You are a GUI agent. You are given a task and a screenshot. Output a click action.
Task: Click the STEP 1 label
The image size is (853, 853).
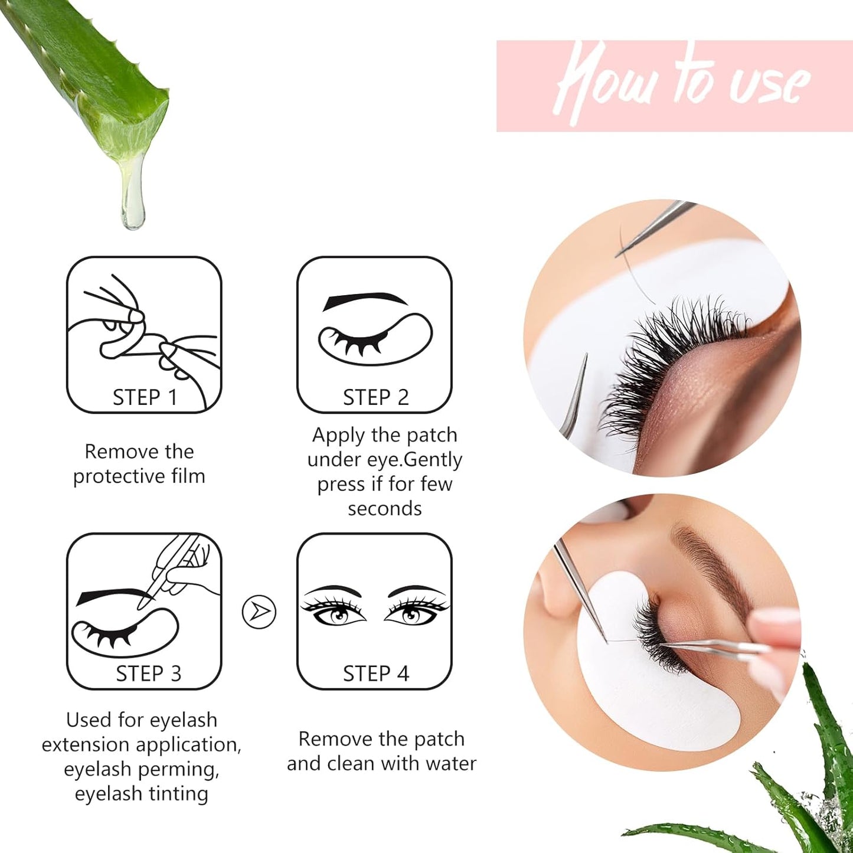click(x=145, y=397)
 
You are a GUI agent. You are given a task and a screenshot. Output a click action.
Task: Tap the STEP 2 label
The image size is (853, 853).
click(x=375, y=397)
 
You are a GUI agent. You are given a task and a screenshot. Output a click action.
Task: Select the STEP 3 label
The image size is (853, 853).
click(x=148, y=674)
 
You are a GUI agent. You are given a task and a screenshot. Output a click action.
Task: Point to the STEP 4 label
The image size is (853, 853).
click(x=375, y=674)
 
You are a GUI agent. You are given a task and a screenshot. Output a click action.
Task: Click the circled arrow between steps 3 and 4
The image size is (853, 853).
click(x=259, y=612)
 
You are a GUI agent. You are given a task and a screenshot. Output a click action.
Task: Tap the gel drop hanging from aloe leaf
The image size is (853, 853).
click(x=132, y=207)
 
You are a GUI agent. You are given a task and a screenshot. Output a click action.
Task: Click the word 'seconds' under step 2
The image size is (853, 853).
click(x=384, y=508)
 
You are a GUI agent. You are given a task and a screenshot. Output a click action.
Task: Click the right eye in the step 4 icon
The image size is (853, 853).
click(x=411, y=615)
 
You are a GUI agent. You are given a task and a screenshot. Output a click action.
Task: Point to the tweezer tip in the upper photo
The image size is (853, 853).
click(x=620, y=254)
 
